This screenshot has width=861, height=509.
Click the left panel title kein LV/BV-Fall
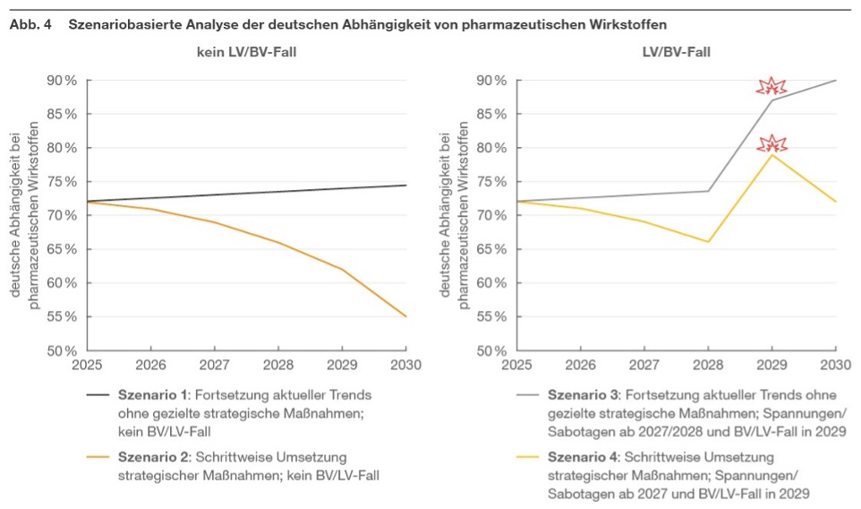[246, 52]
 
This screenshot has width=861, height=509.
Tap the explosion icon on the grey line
[771, 87]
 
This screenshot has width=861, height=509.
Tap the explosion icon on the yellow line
[771, 143]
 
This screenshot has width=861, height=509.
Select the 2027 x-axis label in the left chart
[215, 365]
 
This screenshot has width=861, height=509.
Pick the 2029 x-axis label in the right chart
[771, 365]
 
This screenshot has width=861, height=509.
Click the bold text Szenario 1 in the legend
[151, 395]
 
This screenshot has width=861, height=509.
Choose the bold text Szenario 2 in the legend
[151, 457]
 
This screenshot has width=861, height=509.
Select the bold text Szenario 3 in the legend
[581, 395]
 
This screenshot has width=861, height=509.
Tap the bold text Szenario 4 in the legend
[581, 457]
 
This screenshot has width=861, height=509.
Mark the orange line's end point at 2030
[406, 316]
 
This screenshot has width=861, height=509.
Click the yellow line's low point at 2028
[708, 242]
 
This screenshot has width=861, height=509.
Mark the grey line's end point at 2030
[836, 81]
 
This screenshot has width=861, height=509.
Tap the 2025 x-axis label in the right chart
[516, 365]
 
